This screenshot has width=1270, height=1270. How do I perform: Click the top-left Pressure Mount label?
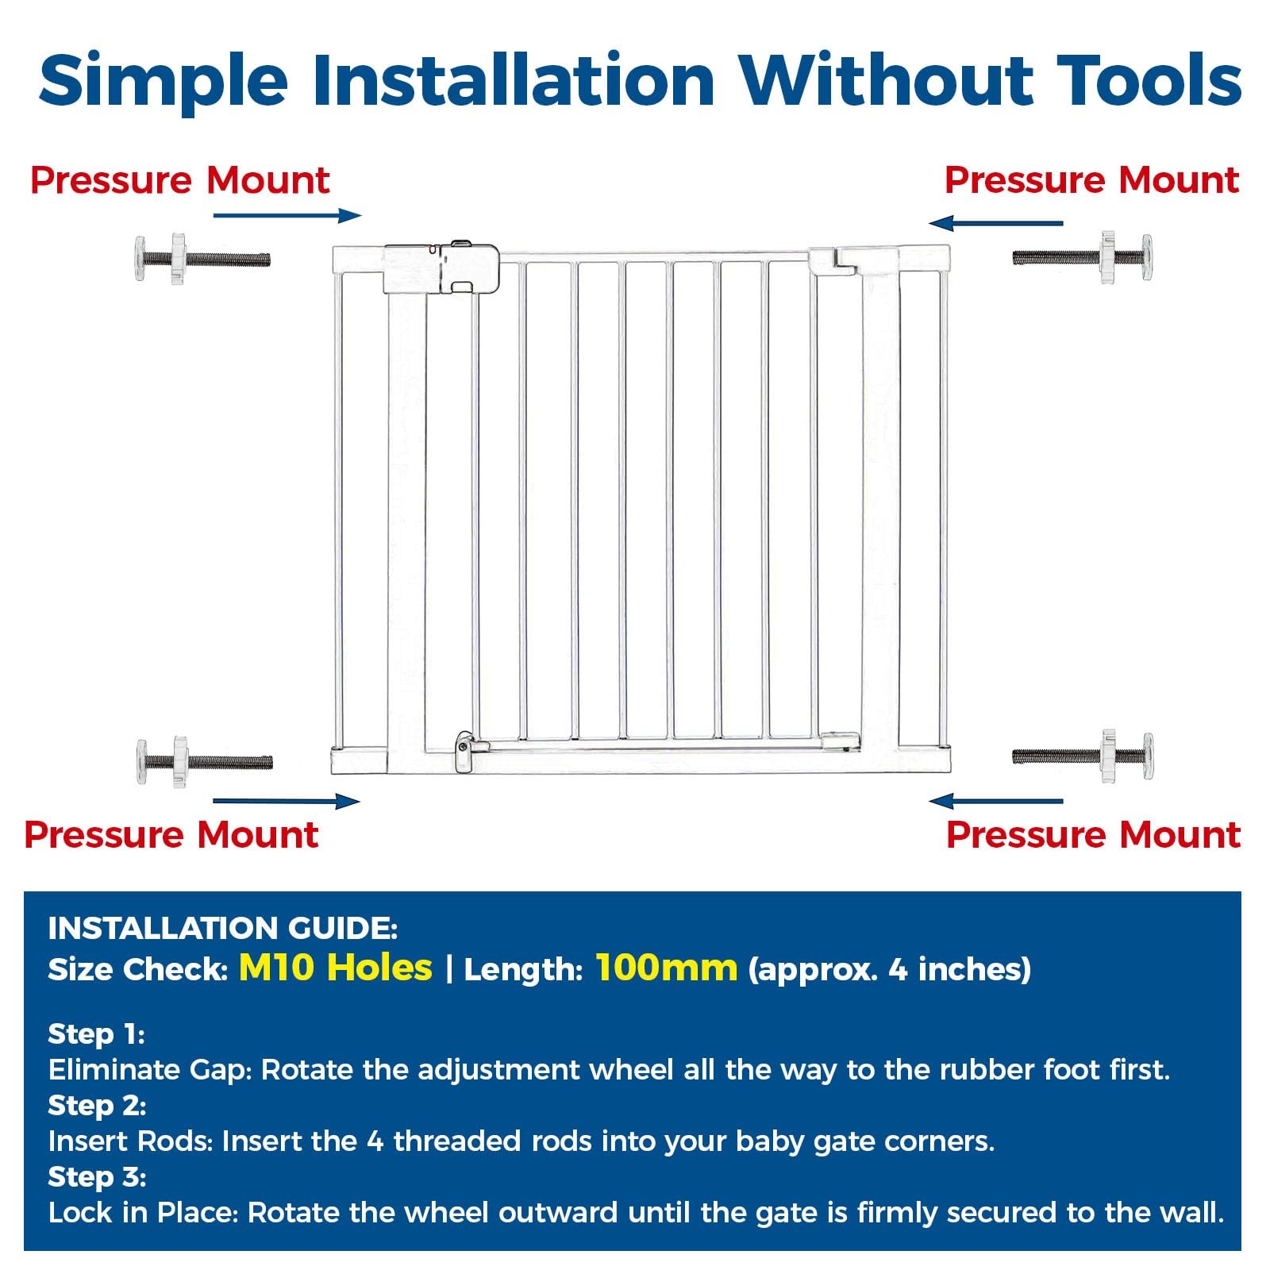179,180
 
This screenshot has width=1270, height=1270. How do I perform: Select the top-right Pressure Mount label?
1091,180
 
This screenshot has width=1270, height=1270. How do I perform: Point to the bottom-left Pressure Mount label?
171,835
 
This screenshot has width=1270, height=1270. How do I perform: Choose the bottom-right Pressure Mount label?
1093,835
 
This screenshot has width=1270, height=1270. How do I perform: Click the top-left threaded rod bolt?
202,258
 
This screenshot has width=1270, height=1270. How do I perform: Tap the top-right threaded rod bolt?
1083,257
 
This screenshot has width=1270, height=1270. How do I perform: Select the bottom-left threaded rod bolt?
204,762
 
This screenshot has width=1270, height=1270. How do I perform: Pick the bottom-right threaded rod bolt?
1083,756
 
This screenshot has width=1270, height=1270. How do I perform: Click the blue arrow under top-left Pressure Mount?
287,215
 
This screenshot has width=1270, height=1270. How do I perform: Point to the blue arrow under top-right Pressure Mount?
995,223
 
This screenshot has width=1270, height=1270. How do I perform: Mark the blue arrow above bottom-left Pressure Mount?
287,801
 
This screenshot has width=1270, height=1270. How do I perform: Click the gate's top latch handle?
442,267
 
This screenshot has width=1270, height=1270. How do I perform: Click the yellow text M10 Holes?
336,968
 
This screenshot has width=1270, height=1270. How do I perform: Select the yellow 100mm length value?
667,968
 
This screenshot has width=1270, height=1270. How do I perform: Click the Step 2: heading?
97,1105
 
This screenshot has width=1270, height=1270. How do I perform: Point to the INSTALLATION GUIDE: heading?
222,928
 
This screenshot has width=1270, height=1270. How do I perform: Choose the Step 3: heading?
97,1176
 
